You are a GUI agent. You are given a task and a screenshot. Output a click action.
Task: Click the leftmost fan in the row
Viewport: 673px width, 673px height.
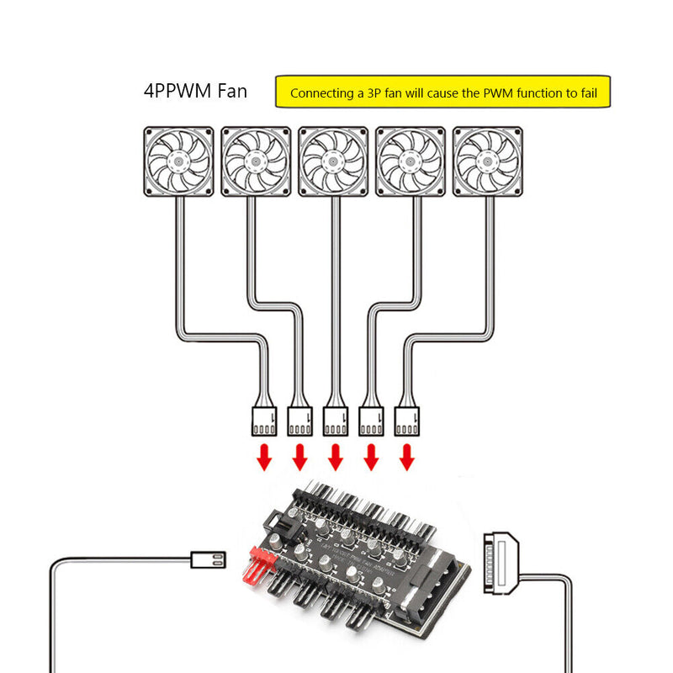point(178,162)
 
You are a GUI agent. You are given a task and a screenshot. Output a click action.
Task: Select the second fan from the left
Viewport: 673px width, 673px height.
point(256,162)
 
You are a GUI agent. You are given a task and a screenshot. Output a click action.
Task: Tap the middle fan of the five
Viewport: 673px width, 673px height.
point(333,162)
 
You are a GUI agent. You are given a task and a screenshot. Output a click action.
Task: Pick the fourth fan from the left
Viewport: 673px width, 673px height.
point(411,162)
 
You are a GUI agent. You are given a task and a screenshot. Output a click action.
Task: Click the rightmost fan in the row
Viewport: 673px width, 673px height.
point(488,162)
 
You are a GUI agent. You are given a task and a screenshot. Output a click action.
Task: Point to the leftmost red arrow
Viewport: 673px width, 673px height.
point(264,458)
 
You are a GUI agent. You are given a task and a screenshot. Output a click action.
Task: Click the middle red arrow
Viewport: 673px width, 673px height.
point(336,458)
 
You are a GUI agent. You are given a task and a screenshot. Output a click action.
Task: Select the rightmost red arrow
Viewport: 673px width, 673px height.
point(407,458)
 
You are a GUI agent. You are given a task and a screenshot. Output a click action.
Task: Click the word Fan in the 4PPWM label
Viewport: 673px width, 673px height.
point(229,91)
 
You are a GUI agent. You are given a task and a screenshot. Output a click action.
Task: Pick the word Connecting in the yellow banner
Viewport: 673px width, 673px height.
point(318,93)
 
